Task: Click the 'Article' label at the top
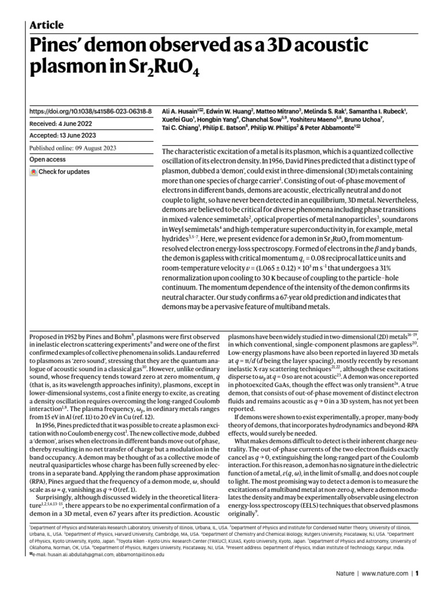[x=46, y=25]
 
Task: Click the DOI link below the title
[x=90, y=111]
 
